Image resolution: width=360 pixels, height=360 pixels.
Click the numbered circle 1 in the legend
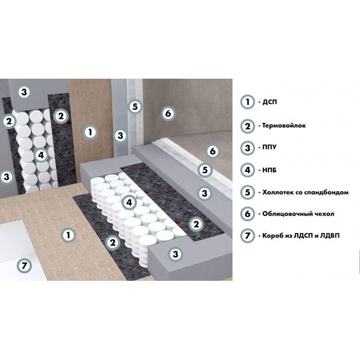247,102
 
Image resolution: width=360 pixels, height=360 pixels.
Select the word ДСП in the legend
269,102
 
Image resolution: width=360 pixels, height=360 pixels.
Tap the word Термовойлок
284,125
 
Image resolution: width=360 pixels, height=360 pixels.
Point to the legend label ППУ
269,147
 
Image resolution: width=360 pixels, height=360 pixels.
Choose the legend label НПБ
269,170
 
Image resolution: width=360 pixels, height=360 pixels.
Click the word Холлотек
277,192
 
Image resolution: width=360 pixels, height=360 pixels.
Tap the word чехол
326,214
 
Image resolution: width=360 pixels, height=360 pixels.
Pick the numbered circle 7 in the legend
247,236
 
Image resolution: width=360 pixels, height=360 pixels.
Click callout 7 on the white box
24,266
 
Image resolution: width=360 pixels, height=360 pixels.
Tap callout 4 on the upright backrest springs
41,155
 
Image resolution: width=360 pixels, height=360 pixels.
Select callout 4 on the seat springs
129,202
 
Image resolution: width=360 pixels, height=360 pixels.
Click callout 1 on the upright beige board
90,132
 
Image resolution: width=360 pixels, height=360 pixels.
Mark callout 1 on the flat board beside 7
68,235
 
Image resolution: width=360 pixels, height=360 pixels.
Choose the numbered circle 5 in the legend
247,192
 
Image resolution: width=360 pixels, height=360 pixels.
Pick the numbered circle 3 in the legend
247,148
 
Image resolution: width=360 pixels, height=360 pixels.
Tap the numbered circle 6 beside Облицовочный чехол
247,214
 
